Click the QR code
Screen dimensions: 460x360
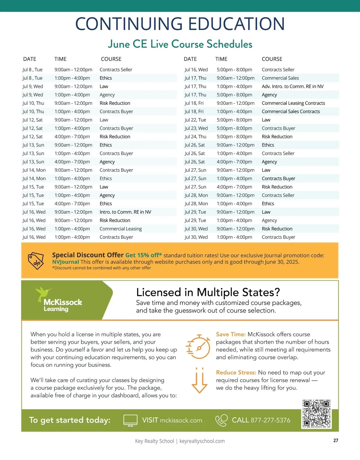[316, 414]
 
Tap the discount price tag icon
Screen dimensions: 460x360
[36, 261]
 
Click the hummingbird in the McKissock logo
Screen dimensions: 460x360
[43, 293]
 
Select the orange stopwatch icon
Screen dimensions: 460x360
[198, 347]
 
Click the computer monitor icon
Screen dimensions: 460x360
[130, 420]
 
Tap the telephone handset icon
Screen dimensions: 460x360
[221, 420]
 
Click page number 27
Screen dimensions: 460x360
[336, 441]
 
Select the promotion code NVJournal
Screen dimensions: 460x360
[65, 262]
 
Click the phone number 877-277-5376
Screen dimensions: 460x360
[270, 420]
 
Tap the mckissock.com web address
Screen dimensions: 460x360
[181, 420]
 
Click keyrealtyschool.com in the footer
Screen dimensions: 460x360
[202, 441]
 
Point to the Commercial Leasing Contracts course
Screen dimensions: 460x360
[293, 103]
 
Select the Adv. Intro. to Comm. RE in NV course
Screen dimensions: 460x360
[292, 86]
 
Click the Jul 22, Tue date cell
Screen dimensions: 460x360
[195, 120]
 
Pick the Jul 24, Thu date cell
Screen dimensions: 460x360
[195, 137]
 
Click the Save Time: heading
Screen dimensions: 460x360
[231, 334]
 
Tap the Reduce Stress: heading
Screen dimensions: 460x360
[236, 372]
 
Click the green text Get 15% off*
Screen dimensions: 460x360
[143, 255]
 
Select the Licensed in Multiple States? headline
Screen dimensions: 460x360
[208, 292]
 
